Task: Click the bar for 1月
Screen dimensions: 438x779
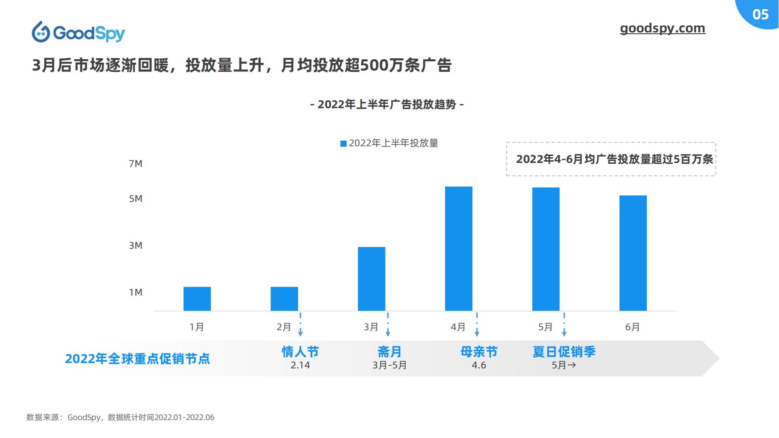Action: (197, 299)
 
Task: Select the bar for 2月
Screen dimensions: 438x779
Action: (284, 299)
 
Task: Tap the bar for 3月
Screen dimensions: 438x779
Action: (372, 279)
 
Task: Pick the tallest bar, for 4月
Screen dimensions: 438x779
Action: (459, 249)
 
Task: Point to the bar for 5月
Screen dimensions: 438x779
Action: (546, 249)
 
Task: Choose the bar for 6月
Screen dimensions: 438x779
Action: (633, 253)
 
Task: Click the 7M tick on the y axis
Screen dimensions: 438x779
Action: (136, 164)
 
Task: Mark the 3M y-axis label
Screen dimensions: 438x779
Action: (136, 246)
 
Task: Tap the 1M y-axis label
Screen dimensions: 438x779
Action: (136, 293)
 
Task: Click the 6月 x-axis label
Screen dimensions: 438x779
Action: (633, 327)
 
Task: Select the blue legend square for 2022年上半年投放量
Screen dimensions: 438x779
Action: (343, 144)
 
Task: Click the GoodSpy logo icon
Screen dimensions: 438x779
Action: (41, 32)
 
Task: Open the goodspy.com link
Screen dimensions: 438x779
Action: (662, 28)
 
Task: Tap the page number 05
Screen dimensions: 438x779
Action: (761, 14)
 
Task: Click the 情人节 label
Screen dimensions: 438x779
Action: (300, 352)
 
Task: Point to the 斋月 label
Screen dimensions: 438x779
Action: (389, 352)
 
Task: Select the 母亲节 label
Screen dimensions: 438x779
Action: (479, 352)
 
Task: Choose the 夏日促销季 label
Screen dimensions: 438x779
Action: (564, 352)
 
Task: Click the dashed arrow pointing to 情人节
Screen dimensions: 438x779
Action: (300, 325)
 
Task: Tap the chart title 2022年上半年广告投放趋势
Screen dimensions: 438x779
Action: (387, 105)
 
